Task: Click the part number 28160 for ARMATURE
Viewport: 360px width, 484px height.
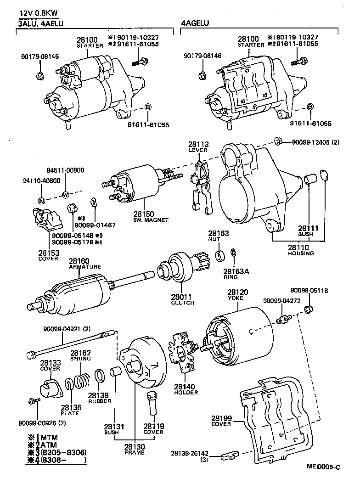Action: pos(79,261)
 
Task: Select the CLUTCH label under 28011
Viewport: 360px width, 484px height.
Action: pos(182,303)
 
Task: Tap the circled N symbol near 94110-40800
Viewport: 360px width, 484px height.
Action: pos(41,200)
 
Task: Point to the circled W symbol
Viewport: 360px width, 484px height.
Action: pos(65,193)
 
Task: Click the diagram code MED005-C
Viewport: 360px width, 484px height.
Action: pos(324,467)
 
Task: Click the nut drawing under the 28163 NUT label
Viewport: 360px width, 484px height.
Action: pos(220,255)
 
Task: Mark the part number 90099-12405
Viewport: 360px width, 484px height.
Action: pos(310,142)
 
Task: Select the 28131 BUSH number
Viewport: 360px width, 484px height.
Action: pos(111,426)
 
